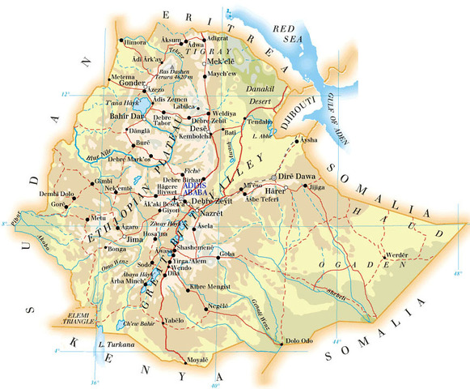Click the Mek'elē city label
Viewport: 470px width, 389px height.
point(222,61)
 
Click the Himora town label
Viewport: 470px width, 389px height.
point(133,41)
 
